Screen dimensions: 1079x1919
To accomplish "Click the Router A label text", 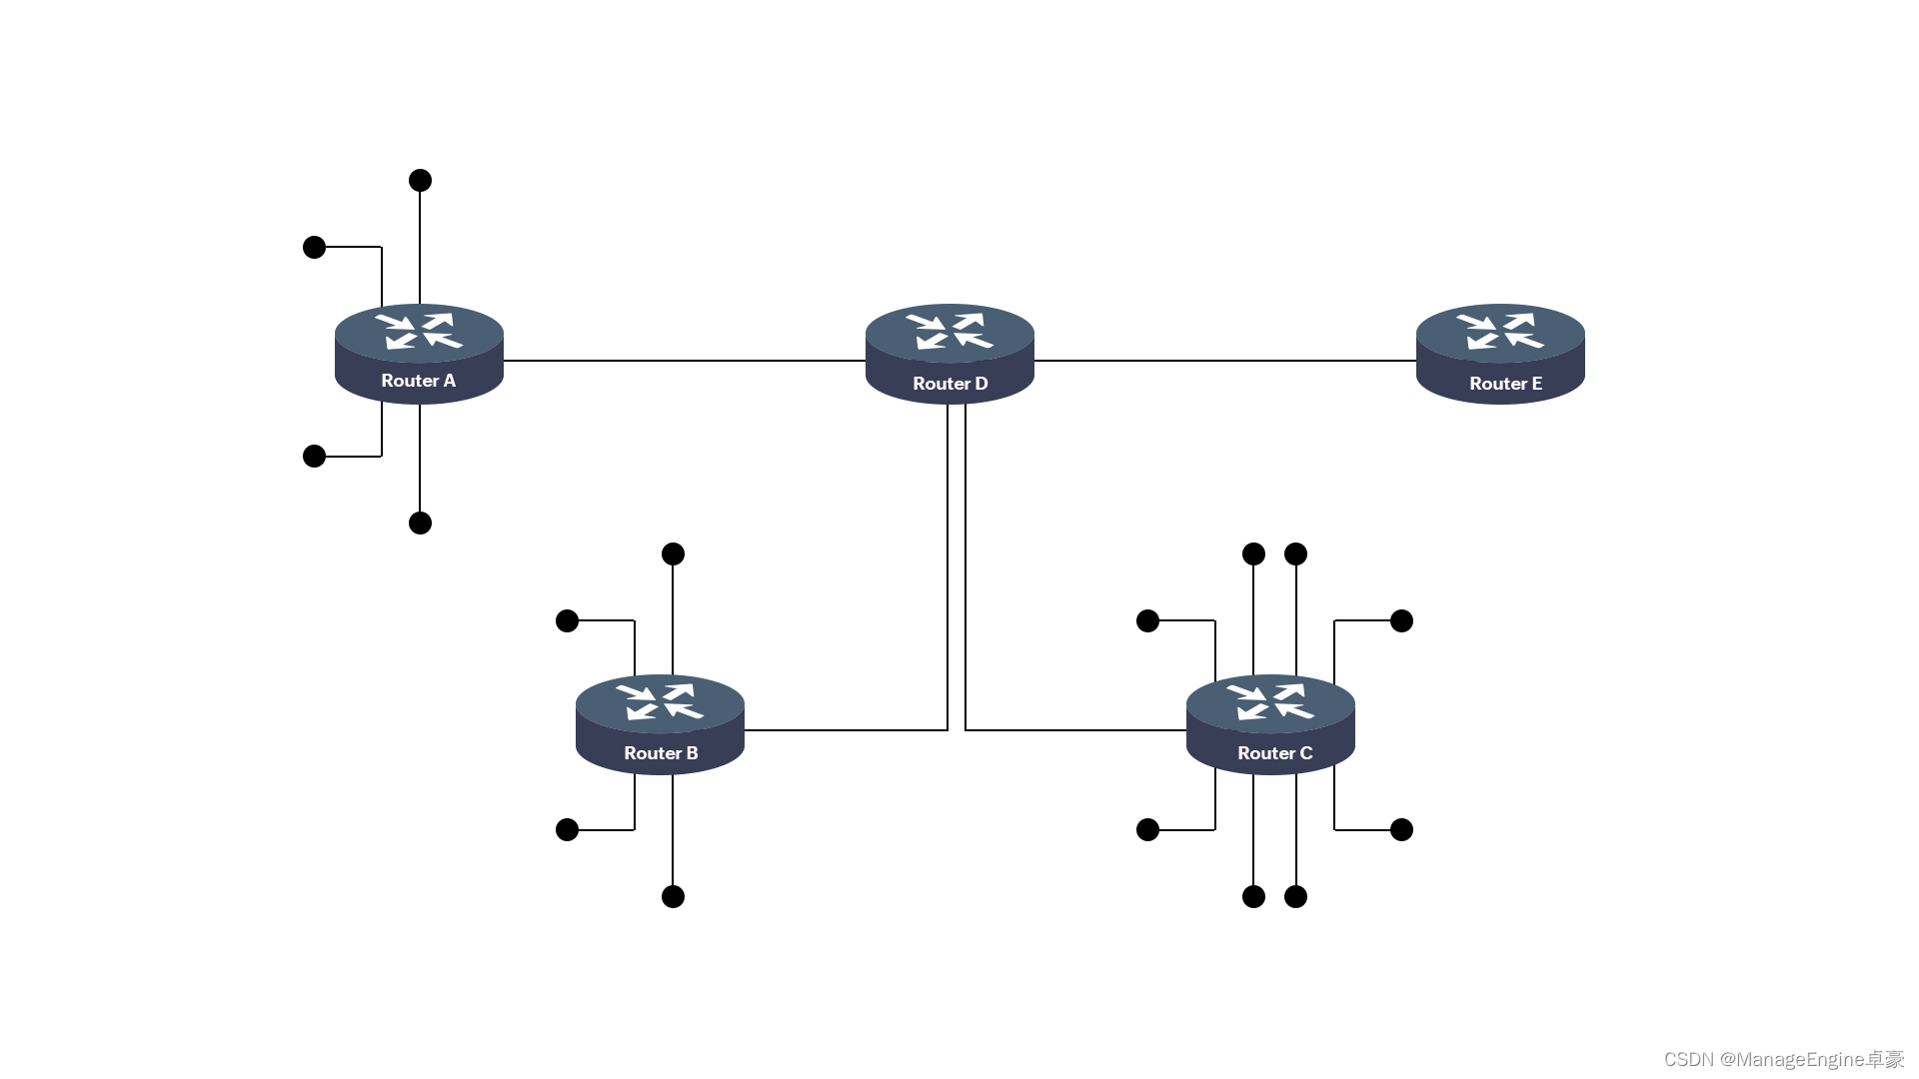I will pyautogui.click(x=418, y=381).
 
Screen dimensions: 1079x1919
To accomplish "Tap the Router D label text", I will pyautogui.click(x=950, y=384).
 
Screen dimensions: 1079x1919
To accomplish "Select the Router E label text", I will pyautogui.click(x=1505, y=384).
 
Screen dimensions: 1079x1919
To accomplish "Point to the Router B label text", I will pyautogui.click(x=661, y=753).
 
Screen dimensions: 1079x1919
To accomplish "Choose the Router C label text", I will pyautogui.click(x=1274, y=753).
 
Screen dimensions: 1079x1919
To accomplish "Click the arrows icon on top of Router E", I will pyautogui.click(x=1499, y=331).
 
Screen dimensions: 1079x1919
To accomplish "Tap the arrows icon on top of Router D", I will pyautogui.click(x=950, y=331).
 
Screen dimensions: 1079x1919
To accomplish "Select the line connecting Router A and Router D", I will pyautogui.click(x=684, y=361).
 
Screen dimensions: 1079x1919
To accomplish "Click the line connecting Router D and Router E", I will pyautogui.click(x=1224, y=361).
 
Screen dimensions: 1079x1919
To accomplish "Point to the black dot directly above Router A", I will pyautogui.click(x=420, y=181).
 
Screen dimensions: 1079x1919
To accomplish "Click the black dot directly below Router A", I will pyautogui.click(x=420, y=524).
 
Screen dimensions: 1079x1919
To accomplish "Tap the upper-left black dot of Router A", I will pyautogui.click(x=314, y=247).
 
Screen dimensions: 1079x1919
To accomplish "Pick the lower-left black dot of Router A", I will pyautogui.click(x=314, y=457).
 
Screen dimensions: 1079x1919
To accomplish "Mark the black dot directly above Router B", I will pyautogui.click(x=673, y=554).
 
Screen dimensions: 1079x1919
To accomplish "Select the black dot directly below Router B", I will pyautogui.click(x=673, y=897).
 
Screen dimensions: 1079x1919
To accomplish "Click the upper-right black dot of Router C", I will pyautogui.click(x=1401, y=621).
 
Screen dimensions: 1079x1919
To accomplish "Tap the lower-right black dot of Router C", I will pyautogui.click(x=1401, y=830).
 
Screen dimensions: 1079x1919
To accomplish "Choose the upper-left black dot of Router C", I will pyautogui.click(x=1147, y=621).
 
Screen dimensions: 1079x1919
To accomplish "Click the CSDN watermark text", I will pyautogui.click(x=1783, y=1059).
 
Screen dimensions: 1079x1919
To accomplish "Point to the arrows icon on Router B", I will pyautogui.click(x=660, y=701).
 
